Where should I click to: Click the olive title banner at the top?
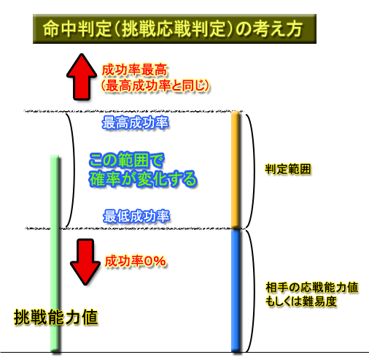click(x=174, y=28)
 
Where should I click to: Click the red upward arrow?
click(x=82, y=77)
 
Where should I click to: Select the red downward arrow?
click(x=85, y=262)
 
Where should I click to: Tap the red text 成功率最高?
click(x=134, y=70)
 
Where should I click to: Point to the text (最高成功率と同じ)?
click(x=155, y=85)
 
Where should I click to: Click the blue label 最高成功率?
click(x=135, y=123)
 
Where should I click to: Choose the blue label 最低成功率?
click(x=136, y=216)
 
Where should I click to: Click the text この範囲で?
click(x=127, y=161)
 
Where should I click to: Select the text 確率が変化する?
click(x=143, y=179)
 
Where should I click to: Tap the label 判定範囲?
click(x=288, y=169)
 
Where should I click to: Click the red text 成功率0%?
click(x=136, y=261)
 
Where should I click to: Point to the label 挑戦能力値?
click(x=56, y=317)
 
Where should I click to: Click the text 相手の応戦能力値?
click(x=312, y=288)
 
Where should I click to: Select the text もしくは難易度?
click(x=301, y=302)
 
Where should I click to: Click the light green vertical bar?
click(x=55, y=253)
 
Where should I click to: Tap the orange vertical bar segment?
click(x=236, y=169)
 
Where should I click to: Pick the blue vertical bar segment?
click(x=236, y=291)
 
